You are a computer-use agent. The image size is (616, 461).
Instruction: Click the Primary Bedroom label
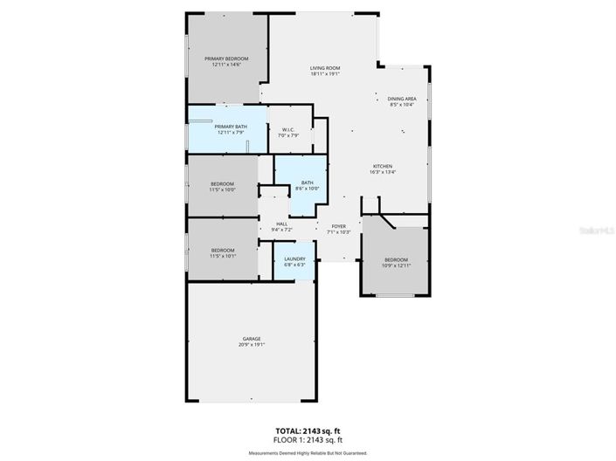(x=225, y=58)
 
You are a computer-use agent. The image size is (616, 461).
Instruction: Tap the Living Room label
(x=325, y=68)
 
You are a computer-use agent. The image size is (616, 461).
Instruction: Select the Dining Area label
(x=402, y=99)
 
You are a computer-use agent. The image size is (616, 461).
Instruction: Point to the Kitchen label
(x=383, y=166)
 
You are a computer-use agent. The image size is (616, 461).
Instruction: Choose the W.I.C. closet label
(x=288, y=129)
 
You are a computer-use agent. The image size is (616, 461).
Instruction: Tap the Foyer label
(x=337, y=226)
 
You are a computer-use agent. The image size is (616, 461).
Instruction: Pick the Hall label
(x=282, y=224)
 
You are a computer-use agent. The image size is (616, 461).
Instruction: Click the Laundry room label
(x=294, y=258)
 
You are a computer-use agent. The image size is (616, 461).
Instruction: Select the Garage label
(x=252, y=339)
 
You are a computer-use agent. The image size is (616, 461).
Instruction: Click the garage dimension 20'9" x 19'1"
(x=252, y=345)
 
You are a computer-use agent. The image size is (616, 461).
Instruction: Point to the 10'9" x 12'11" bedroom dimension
(x=397, y=265)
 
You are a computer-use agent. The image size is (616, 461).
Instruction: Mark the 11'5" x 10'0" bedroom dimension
(x=222, y=189)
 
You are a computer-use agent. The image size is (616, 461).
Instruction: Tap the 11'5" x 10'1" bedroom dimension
(x=222, y=257)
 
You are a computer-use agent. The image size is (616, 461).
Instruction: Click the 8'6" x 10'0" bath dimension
(x=308, y=189)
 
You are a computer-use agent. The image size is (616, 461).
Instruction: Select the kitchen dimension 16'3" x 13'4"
(x=383, y=172)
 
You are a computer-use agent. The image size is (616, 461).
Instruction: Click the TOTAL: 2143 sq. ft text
(x=307, y=431)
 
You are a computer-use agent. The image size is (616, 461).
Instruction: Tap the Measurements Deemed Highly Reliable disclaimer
(x=307, y=453)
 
